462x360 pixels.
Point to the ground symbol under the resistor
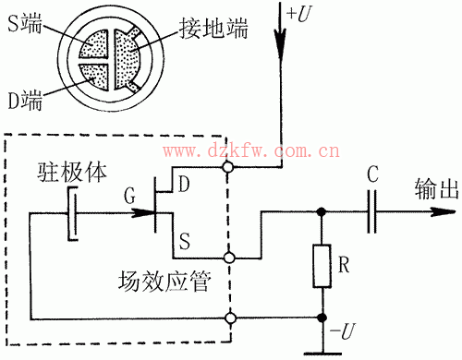click(x=322, y=350)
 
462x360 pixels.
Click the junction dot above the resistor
click(x=322, y=211)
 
